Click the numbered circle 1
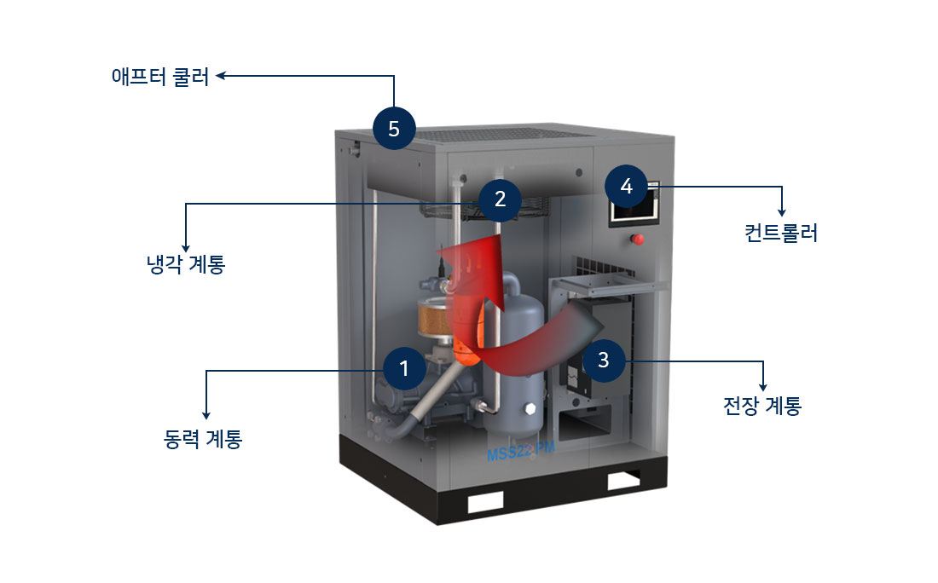tap(404, 369)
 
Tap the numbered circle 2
tap(500, 199)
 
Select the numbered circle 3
tap(603, 360)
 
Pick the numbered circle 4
tap(627, 187)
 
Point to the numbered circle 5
tap(393, 129)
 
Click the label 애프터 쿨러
tap(159, 76)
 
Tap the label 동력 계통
tap(202, 439)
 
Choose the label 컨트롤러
tap(780, 233)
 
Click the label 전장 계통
tap(761, 406)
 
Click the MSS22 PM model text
tap(521, 454)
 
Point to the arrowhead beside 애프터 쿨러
tap(220, 76)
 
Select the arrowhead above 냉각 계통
tap(186, 241)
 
